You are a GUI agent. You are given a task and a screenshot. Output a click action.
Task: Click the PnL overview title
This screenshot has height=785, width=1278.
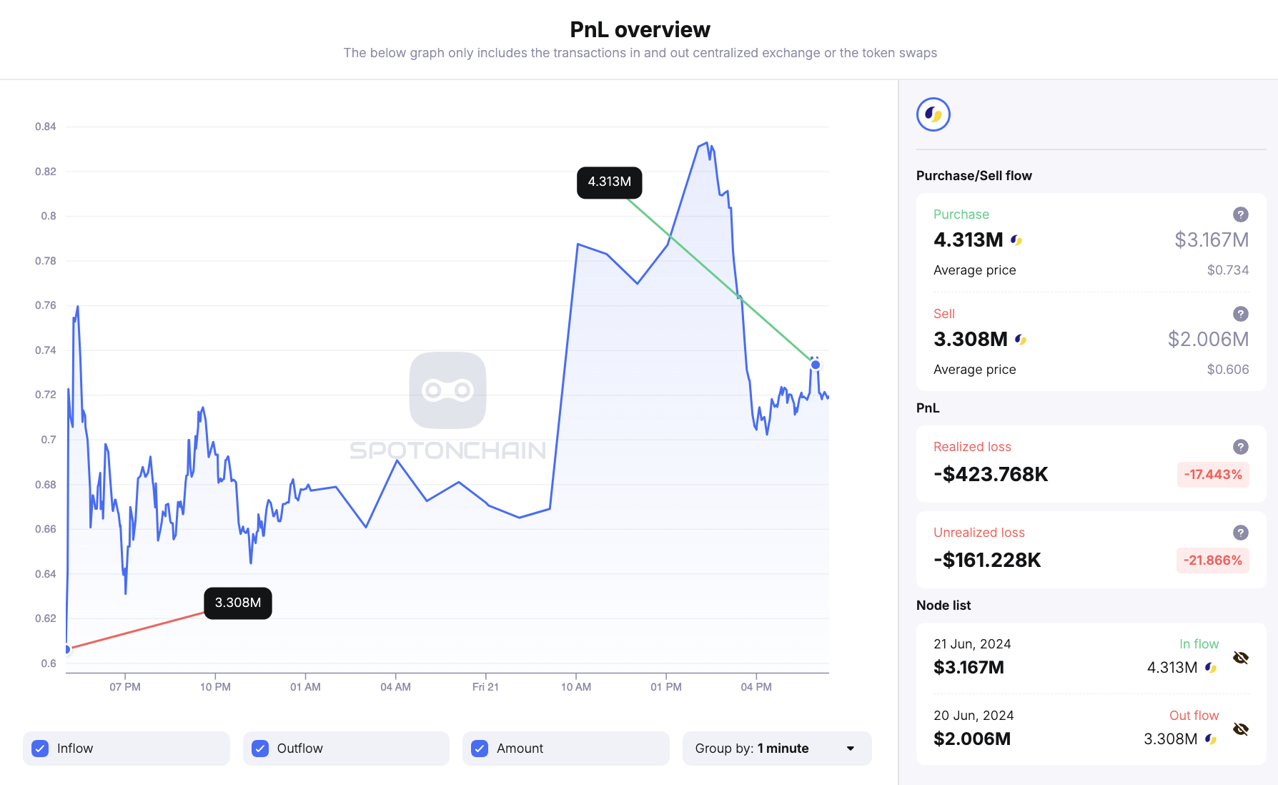point(640,29)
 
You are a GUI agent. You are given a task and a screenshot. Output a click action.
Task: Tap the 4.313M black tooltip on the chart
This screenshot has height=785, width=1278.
point(609,182)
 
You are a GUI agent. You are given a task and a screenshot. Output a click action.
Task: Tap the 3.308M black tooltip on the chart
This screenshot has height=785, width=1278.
point(237,603)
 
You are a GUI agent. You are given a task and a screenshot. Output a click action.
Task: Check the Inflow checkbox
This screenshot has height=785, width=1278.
point(41,749)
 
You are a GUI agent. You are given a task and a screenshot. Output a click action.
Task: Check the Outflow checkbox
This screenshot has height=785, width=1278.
point(260,749)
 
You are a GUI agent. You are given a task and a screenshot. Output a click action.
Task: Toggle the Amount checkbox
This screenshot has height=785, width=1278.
point(480,749)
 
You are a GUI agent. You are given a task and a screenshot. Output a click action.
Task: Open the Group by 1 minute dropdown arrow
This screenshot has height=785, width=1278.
point(850,749)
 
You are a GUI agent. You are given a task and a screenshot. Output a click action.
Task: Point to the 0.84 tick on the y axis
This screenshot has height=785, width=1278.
point(46,127)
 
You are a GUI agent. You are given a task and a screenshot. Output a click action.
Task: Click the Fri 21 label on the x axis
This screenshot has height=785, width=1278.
point(485,687)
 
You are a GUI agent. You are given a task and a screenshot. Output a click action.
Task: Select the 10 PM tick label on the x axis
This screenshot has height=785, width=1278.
point(215,687)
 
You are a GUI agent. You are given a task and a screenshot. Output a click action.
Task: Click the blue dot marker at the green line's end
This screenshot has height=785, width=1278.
point(815,365)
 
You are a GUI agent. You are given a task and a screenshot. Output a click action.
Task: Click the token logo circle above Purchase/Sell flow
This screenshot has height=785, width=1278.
point(933,114)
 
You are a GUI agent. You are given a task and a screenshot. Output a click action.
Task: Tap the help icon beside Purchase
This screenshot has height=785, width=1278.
point(1240,214)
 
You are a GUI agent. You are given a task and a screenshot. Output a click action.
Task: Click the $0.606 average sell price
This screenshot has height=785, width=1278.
point(1227,370)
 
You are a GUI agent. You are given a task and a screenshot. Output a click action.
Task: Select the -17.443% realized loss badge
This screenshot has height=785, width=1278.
point(1212,475)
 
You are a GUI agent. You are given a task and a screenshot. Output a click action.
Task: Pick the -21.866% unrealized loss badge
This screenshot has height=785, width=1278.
point(1212,561)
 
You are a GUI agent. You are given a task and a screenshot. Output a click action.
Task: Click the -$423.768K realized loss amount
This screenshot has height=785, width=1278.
point(991,475)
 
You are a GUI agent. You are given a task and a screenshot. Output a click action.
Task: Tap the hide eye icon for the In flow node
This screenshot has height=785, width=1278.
point(1240,658)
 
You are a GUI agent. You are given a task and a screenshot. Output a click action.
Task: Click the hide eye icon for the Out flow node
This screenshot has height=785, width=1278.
point(1240,729)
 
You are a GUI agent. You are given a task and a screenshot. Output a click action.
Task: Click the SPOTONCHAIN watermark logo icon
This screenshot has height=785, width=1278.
point(447,390)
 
